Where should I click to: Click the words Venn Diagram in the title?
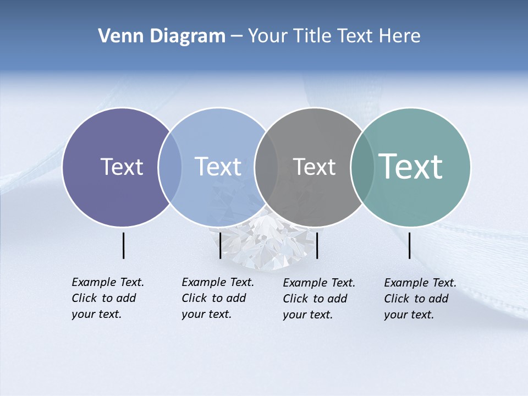[x=162, y=36]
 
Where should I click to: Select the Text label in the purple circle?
[x=122, y=167]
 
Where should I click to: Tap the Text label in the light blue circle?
[x=218, y=167]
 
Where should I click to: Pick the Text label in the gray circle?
[x=314, y=167]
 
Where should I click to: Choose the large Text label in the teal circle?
[x=411, y=167]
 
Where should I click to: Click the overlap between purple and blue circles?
[x=170, y=167]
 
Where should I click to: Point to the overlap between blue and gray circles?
[x=266, y=167]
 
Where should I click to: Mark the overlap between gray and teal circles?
[x=362, y=167]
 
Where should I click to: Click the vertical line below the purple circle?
[x=124, y=245]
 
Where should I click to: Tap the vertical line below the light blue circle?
[x=220, y=245]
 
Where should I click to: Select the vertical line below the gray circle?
[x=317, y=245]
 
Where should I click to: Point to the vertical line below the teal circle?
[x=410, y=245]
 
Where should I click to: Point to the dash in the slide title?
[x=236, y=37]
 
